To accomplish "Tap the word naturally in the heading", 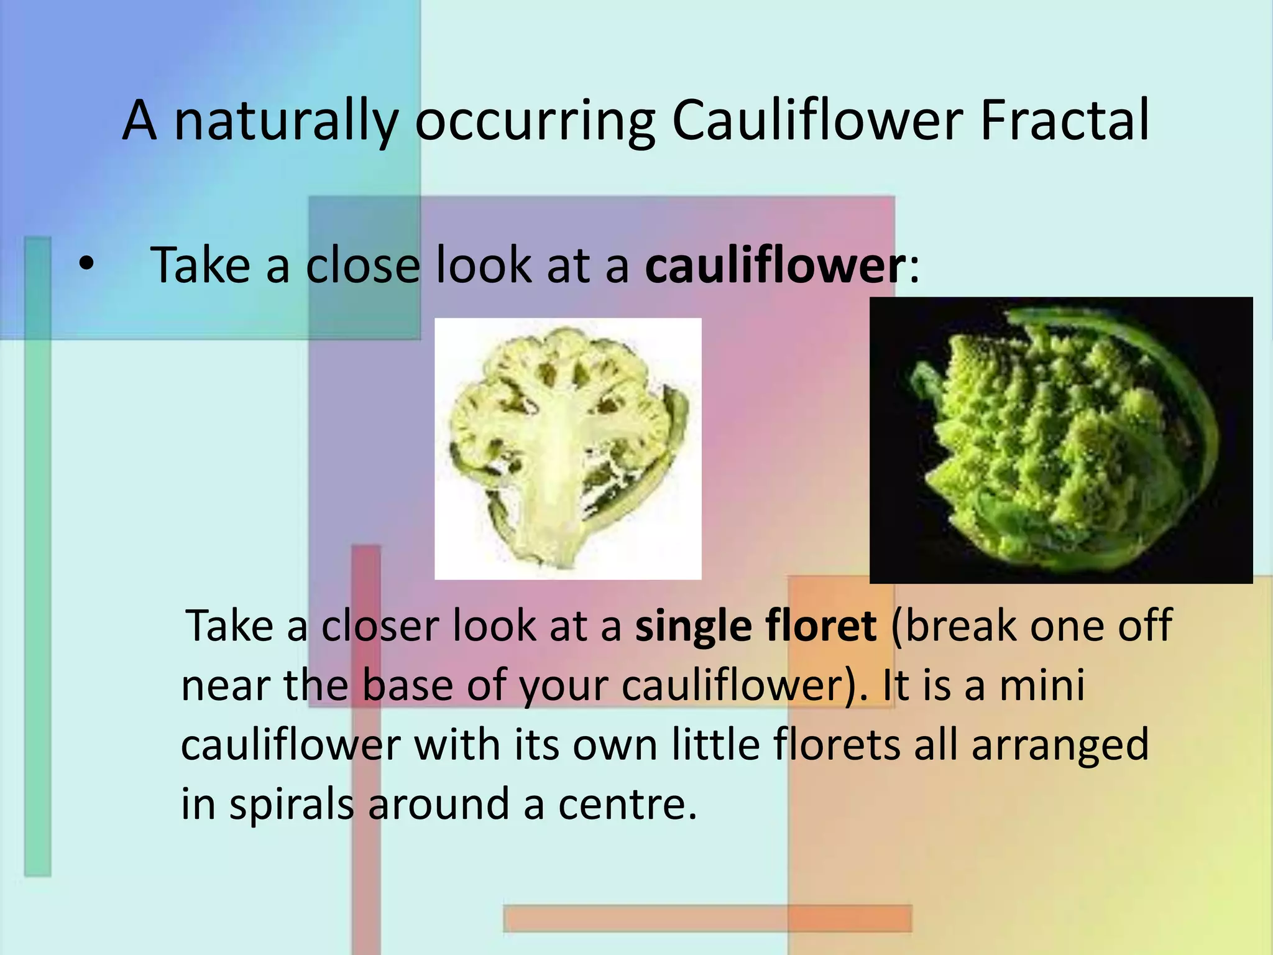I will (285, 121).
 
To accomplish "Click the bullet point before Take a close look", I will (86, 264).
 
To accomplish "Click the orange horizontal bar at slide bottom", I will (707, 918).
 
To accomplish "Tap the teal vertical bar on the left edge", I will (37, 560).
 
